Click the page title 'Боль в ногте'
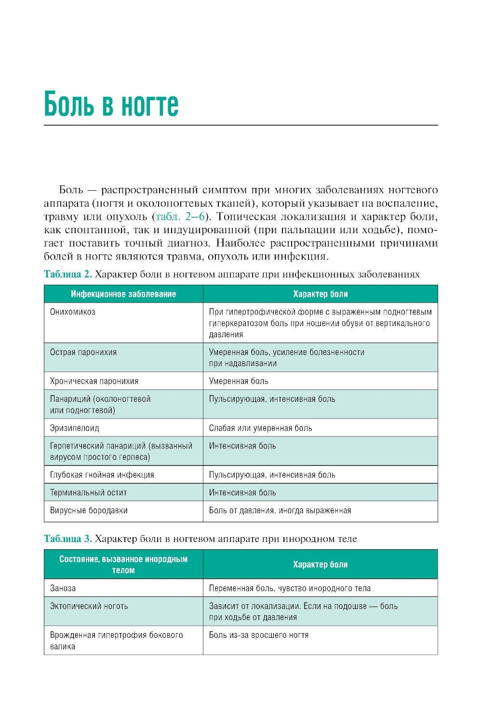point(111,104)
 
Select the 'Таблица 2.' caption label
point(67,274)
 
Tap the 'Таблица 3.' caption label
point(67,538)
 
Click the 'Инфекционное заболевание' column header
point(123,294)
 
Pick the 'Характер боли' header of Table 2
point(320,294)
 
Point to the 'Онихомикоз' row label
point(73,312)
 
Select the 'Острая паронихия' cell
point(83,352)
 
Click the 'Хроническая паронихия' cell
point(94,381)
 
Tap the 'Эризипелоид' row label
point(75,428)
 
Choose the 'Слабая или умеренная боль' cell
point(260,428)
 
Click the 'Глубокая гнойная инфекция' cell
point(102,475)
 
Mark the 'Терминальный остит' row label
point(89,492)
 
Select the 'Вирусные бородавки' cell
point(89,510)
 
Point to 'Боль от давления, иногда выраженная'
point(280,510)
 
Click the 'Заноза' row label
point(63,588)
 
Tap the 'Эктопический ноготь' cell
point(89,606)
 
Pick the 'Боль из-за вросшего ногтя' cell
point(259,635)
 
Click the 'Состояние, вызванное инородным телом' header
point(123,565)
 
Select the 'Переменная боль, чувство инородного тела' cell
point(290,588)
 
